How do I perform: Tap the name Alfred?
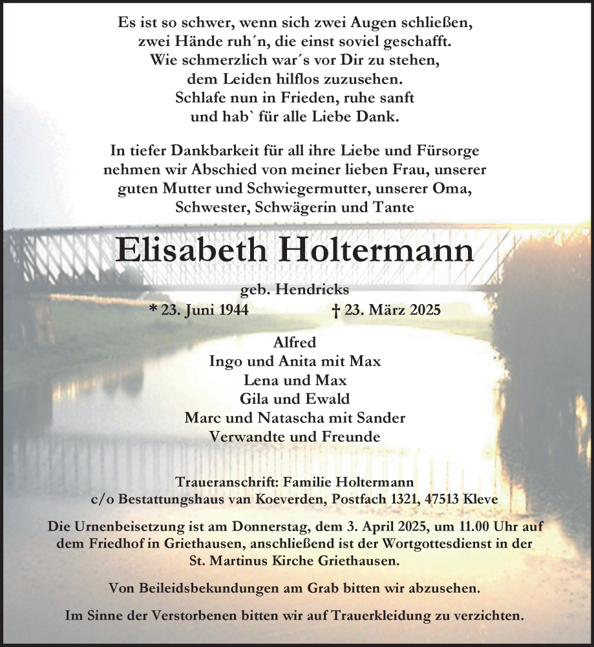click(x=296, y=342)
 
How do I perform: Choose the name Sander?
click(x=383, y=417)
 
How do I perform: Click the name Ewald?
click(x=330, y=399)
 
